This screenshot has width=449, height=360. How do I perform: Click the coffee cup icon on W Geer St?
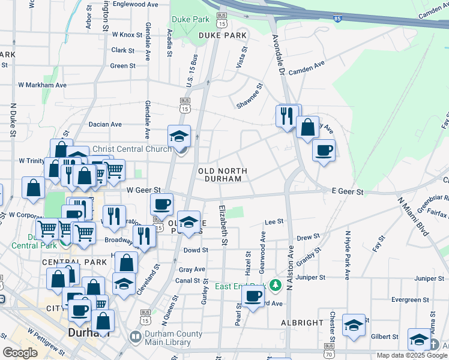coord(161,203)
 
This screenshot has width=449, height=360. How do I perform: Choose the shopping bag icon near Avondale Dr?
coord(307,127)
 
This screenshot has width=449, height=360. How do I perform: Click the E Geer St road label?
coord(348,191)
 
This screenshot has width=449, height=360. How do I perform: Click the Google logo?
coord(20,353)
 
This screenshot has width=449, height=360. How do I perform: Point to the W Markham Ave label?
coord(42,85)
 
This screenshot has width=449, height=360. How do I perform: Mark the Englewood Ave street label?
coord(135,4)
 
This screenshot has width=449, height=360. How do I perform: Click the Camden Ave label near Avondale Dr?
coord(306,67)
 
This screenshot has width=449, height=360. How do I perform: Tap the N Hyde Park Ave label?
coord(347,259)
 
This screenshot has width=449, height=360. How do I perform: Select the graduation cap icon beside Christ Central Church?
coord(179,136)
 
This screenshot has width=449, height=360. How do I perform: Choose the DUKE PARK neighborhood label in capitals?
coord(223,36)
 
